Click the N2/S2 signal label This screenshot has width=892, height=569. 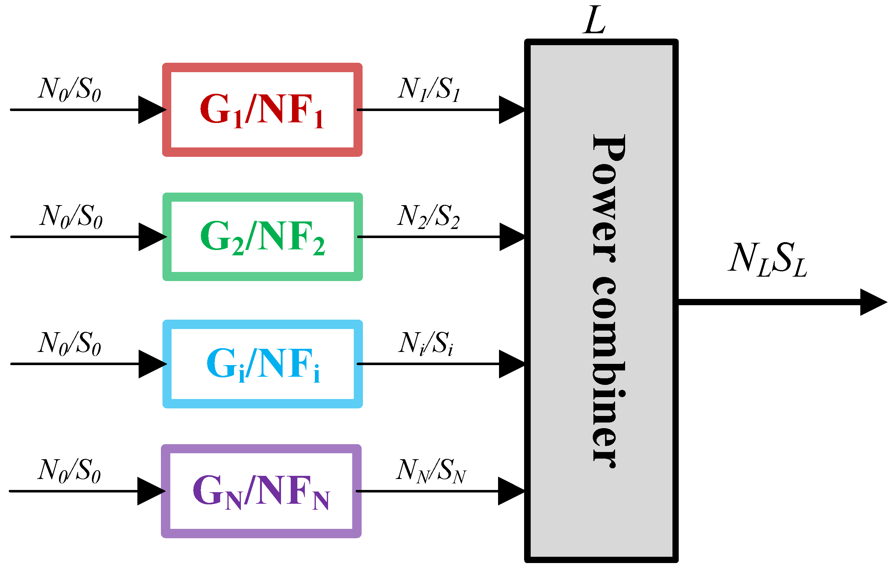428,217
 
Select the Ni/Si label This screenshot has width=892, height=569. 426,344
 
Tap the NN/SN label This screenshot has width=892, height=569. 431,471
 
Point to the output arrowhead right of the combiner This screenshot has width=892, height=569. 873,302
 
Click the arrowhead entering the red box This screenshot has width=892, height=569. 152,110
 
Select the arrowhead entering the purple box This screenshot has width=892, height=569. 151,491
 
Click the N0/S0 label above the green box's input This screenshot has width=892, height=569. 71,217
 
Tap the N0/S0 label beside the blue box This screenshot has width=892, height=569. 70,344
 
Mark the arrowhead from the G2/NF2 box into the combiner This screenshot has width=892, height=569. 512,237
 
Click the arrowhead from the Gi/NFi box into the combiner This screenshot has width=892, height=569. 512,364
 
